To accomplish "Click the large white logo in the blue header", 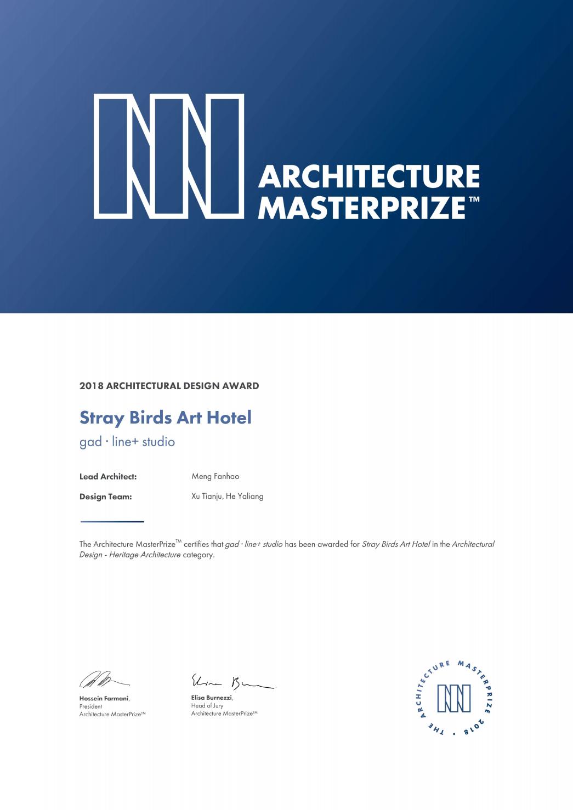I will point(169,156).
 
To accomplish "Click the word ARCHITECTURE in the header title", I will point(368,177).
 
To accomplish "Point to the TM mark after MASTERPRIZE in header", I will point(474,199).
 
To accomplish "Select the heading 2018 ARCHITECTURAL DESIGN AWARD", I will point(169,386).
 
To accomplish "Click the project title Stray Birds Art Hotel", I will point(166,418).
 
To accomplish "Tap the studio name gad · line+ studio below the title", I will point(127,442).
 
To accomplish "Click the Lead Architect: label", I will point(108,477).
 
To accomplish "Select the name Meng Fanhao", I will point(215,477).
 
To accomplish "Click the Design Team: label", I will point(106,497).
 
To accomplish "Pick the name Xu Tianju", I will point(207,497).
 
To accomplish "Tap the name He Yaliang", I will point(245,497).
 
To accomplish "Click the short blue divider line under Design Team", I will point(112,521).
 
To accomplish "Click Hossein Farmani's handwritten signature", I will point(104,680).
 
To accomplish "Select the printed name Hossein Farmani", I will point(104,699).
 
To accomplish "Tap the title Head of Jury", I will point(207,706).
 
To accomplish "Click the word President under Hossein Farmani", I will point(90,707).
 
